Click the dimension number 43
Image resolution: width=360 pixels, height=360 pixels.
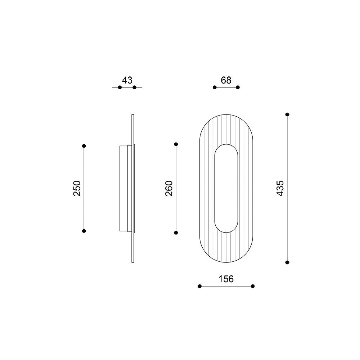click(x=127, y=80)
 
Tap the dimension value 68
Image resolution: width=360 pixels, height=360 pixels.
click(x=226, y=80)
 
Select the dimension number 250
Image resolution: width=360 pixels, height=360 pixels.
click(x=77, y=188)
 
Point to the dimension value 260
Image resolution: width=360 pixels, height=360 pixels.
click(x=169, y=188)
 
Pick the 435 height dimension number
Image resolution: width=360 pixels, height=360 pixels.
click(x=280, y=188)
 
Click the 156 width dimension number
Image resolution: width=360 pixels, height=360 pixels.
click(x=226, y=279)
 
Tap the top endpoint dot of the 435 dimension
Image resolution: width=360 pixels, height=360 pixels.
click(x=287, y=114)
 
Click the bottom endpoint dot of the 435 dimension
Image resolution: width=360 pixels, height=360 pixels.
click(x=287, y=262)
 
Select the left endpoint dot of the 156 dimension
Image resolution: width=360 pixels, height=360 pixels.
click(x=199, y=286)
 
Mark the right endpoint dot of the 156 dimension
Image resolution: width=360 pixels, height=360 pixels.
click(x=253, y=286)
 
